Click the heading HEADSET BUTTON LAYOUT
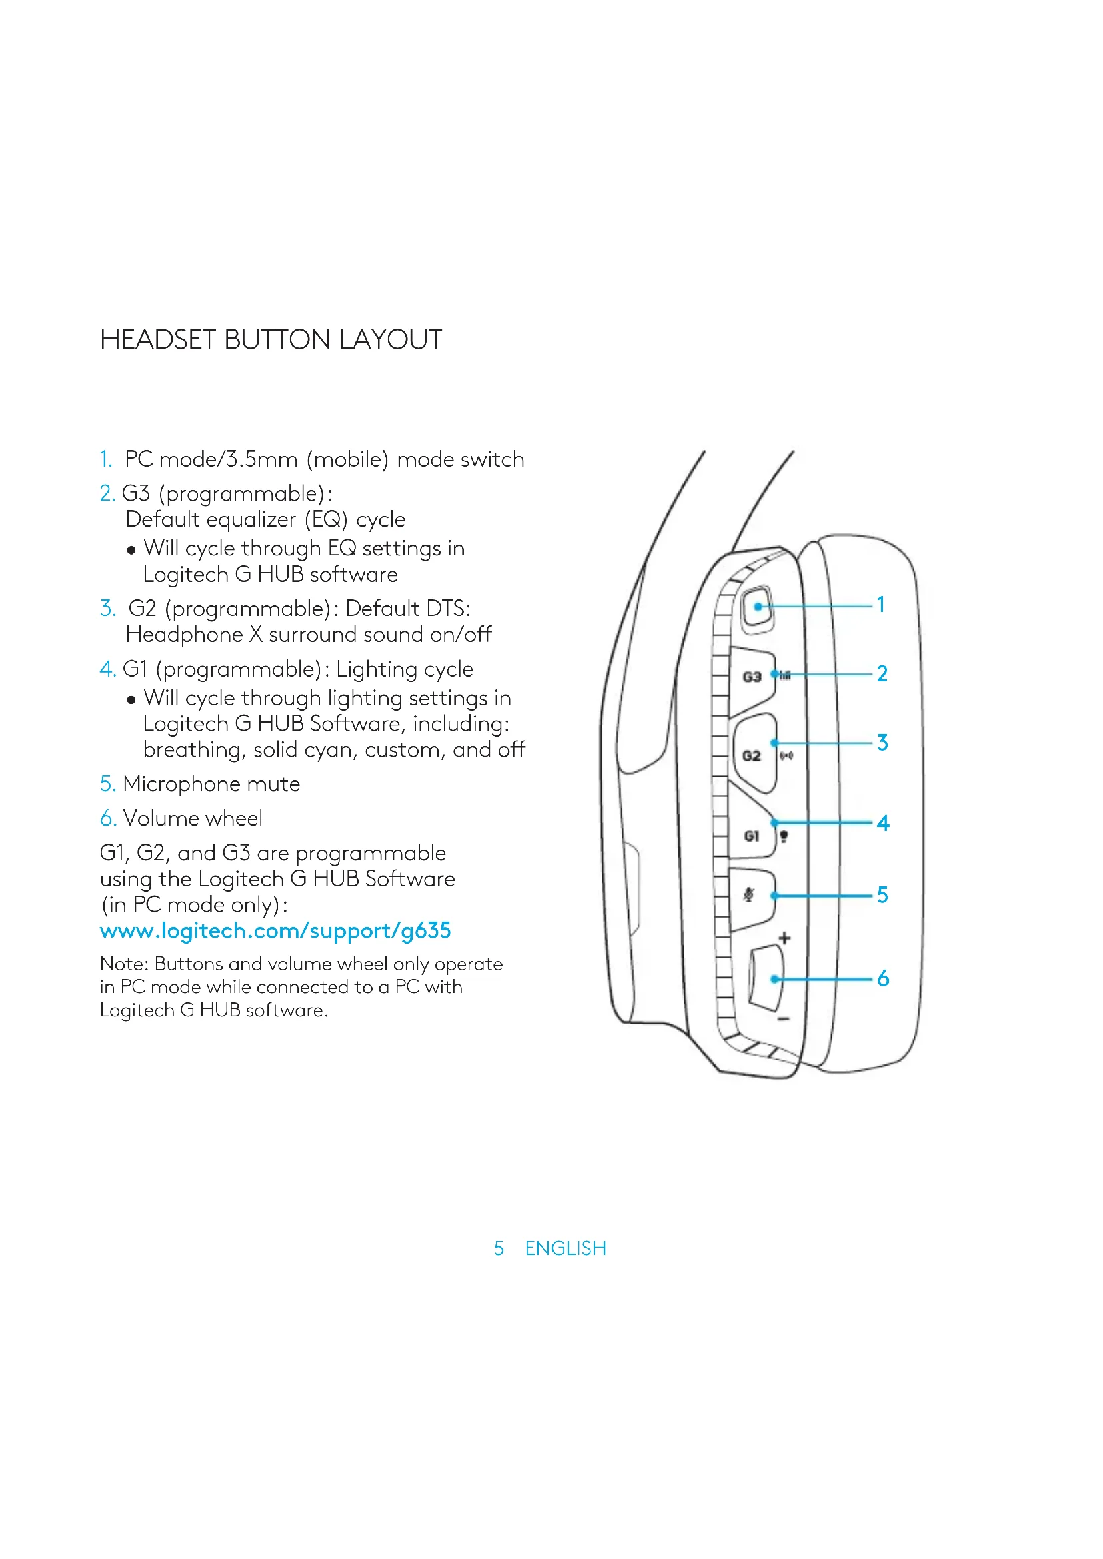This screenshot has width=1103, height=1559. [x=271, y=339]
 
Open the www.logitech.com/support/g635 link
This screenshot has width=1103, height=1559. [x=275, y=931]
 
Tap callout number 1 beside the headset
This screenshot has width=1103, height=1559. [x=881, y=605]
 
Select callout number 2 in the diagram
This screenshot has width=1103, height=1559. [x=882, y=674]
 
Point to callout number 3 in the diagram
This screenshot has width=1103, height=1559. [x=882, y=742]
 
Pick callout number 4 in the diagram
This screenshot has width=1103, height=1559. [x=882, y=823]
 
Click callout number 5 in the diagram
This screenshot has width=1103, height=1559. [x=882, y=895]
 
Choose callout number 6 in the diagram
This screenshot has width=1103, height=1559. [x=882, y=978]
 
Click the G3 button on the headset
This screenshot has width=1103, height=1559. [x=751, y=677]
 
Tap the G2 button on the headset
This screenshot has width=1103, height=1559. [x=751, y=756]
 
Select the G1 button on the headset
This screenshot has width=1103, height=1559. [x=751, y=836]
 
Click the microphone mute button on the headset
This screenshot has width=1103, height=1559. [x=750, y=896]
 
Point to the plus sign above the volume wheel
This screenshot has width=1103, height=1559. [x=784, y=938]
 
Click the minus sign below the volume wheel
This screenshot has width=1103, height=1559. [x=783, y=1019]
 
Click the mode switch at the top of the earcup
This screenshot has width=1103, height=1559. [x=757, y=606]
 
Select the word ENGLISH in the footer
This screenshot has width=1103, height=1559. [x=565, y=1248]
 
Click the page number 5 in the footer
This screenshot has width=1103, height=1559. [x=499, y=1248]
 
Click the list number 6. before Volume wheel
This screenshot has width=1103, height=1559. [x=108, y=818]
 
